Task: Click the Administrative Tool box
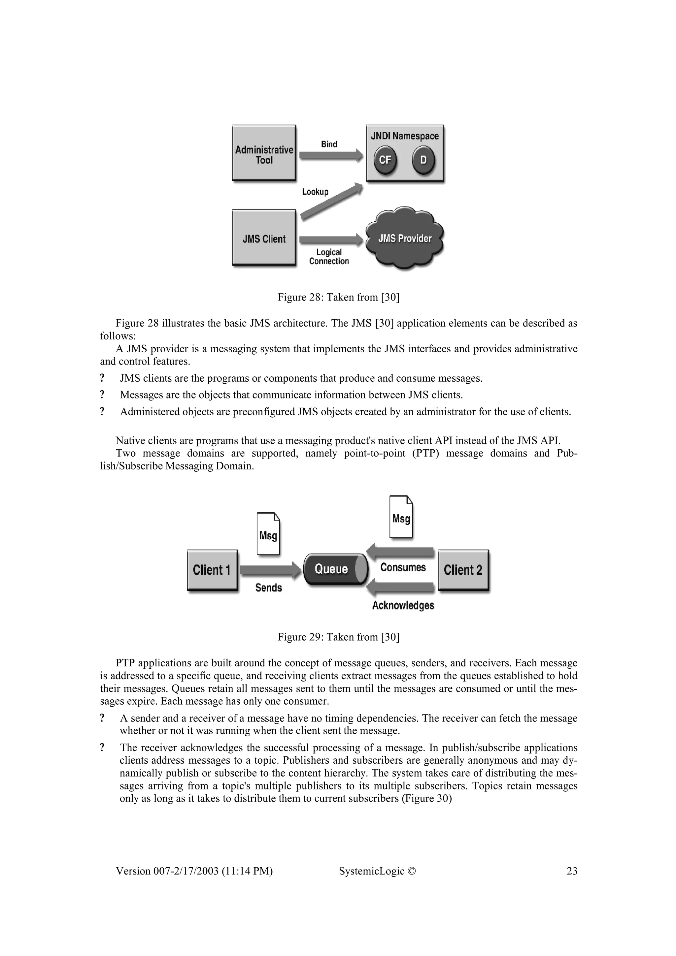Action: (x=264, y=153)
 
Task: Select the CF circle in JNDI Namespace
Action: (x=385, y=160)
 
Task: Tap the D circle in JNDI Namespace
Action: (x=423, y=160)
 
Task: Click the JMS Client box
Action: (x=264, y=238)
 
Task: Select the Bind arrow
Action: (x=331, y=156)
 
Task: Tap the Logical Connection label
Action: (x=329, y=257)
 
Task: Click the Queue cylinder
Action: (x=335, y=569)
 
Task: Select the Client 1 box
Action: (x=212, y=570)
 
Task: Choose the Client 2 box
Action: (x=463, y=570)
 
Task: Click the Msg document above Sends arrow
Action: (x=268, y=534)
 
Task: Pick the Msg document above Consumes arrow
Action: (x=401, y=517)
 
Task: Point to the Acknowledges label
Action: (x=403, y=605)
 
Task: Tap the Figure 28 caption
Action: (x=338, y=297)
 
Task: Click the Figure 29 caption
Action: (x=338, y=637)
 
